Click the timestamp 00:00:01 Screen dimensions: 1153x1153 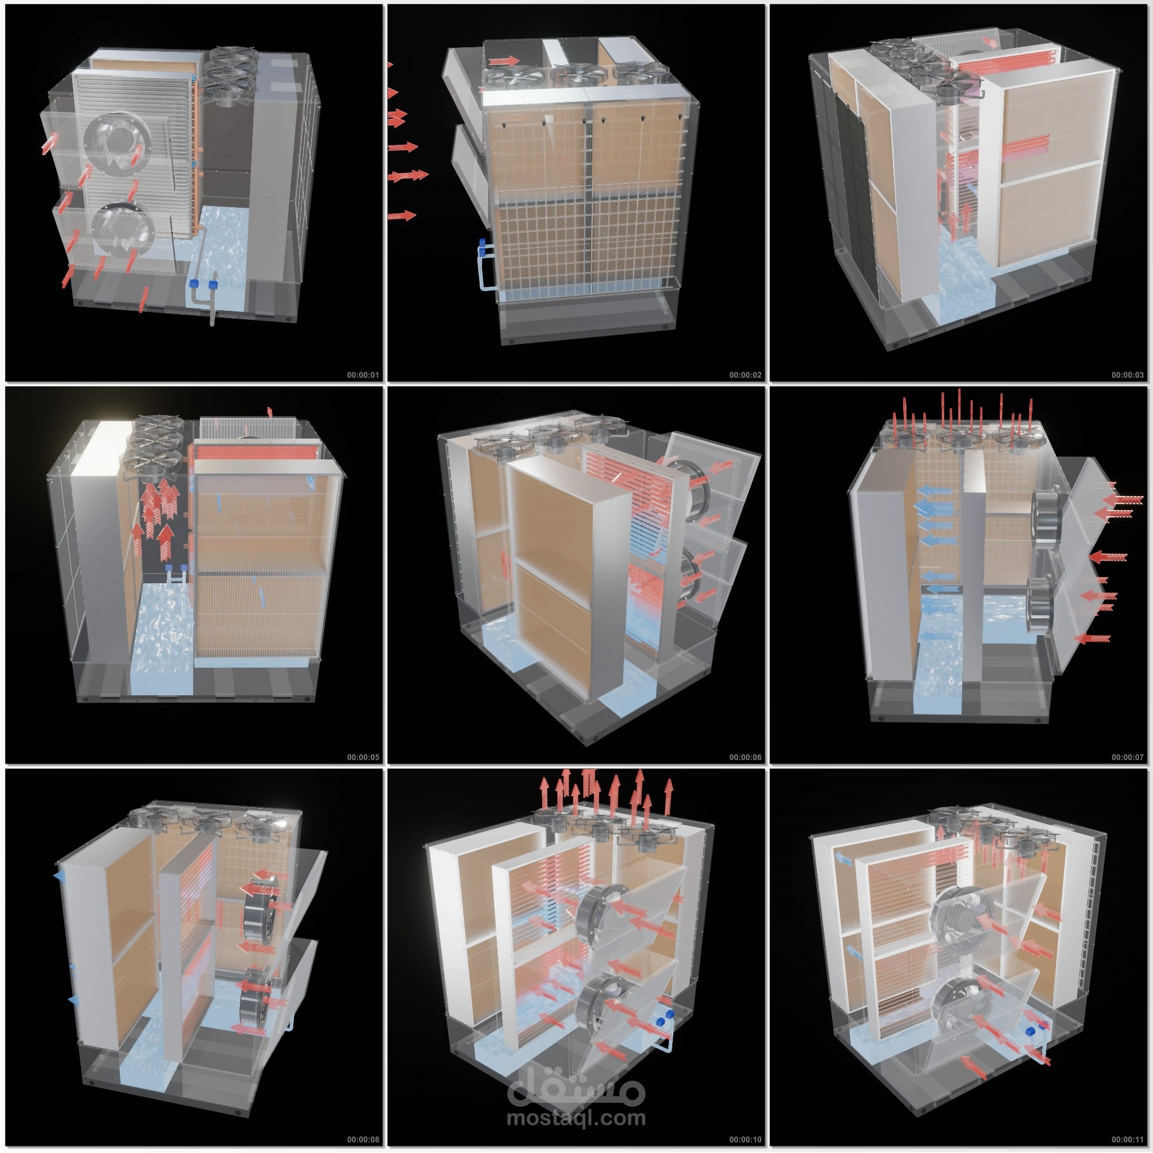[x=363, y=375]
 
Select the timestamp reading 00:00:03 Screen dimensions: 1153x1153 [x=1127, y=375]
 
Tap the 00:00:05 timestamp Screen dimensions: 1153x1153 [x=363, y=757]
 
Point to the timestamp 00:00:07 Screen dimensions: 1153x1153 [x=1127, y=757]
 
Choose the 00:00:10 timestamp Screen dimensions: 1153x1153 [x=745, y=1139]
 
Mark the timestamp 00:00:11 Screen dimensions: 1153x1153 [x=1127, y=1139]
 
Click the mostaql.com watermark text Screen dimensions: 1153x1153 [x=576, y=1118]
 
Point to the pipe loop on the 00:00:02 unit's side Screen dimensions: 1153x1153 [x=486, y=266]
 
